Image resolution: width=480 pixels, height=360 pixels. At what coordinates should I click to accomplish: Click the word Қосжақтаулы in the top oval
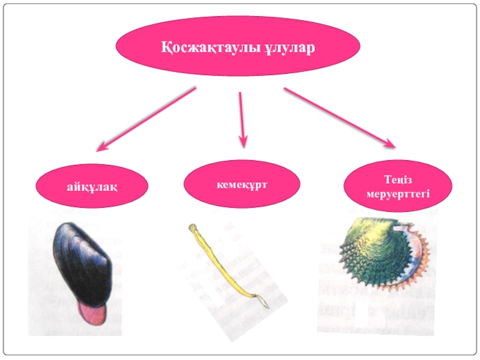coord(208,49)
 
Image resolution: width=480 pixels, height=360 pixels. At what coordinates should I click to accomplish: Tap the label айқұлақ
coord(92,188)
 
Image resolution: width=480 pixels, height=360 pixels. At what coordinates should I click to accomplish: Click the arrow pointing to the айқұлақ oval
coord(146,118)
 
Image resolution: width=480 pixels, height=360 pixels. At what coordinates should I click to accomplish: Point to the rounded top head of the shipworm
coord(193,227)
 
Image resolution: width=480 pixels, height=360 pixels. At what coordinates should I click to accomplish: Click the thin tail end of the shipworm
coord(262,303)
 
